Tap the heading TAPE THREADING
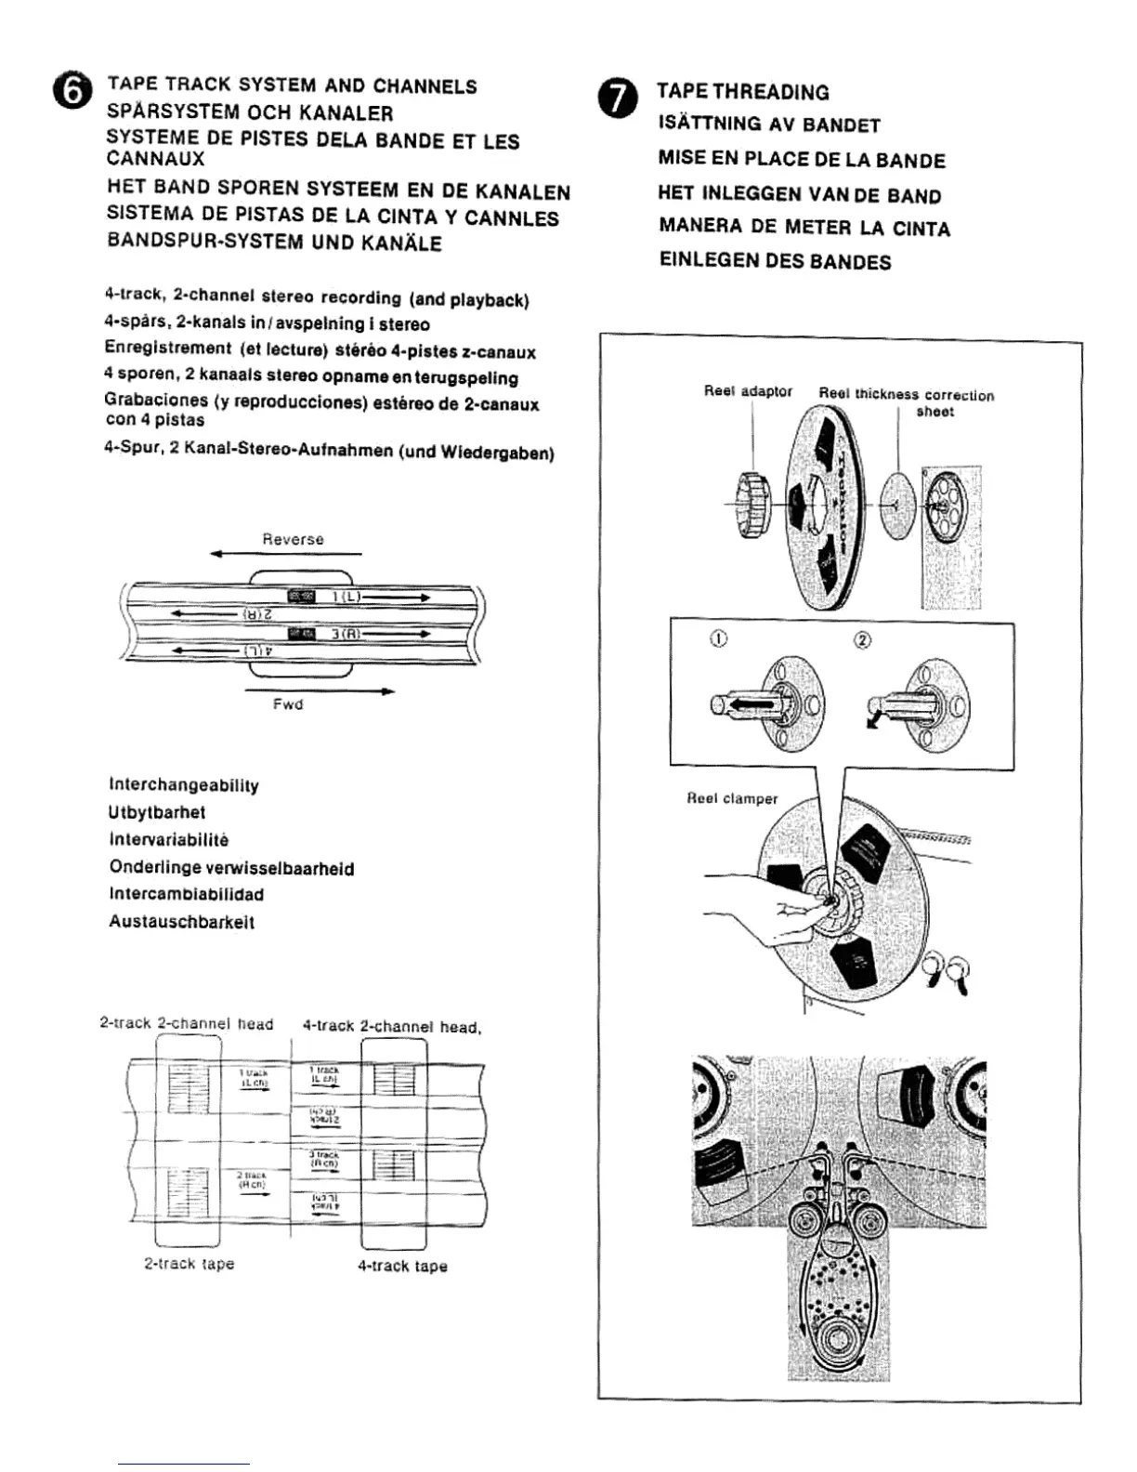pos(742,92)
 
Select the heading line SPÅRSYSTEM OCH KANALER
pos(250,113)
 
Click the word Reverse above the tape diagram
pos(293,539)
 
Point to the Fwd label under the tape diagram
pos(288,704)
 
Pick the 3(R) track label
pos(346,634)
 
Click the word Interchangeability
pos(184,785)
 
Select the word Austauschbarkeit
pos(181,922)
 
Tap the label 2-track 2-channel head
pos(186,1023)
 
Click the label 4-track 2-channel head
pos(391,1027)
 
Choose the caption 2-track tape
pos(189,1264)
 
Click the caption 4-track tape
pos(402,1266)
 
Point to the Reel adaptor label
pos(748,391)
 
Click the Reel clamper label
pos(732,798)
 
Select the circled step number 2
pos(862,641)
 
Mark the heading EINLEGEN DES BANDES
pos(775,261)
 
